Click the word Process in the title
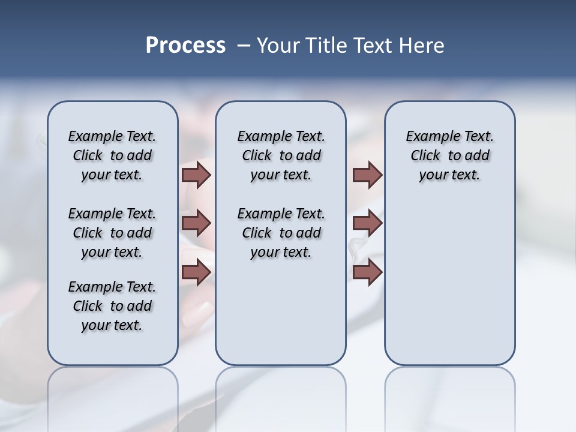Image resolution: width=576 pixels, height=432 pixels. [x=185, y=46]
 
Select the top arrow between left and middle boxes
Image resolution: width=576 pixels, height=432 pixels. [x=196, y=175]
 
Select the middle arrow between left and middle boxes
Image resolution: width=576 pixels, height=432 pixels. [x=196, y=223]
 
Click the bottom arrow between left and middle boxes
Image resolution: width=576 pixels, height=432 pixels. [x=196, y=272]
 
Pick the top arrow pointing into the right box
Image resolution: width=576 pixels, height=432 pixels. [x=367, y=175]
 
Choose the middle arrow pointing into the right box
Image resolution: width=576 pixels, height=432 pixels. [x=367, y=223]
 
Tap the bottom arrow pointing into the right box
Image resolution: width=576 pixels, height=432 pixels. [x=367, y=272]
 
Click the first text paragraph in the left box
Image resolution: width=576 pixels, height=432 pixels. [x=112, y=155]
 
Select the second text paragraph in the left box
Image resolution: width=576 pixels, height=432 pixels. [x=112, y=233]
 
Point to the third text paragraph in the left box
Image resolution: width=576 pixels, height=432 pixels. [x=112, y=306]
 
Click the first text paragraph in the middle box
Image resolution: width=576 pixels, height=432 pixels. [x=281, y=155]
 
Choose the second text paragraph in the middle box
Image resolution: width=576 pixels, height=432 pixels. [x=281, y=233]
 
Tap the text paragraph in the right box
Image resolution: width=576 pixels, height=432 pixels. [x=449, y=155]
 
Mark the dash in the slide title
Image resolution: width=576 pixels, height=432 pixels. [x=244, y=46]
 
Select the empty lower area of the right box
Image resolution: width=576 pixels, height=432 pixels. [x=449, y=282]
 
